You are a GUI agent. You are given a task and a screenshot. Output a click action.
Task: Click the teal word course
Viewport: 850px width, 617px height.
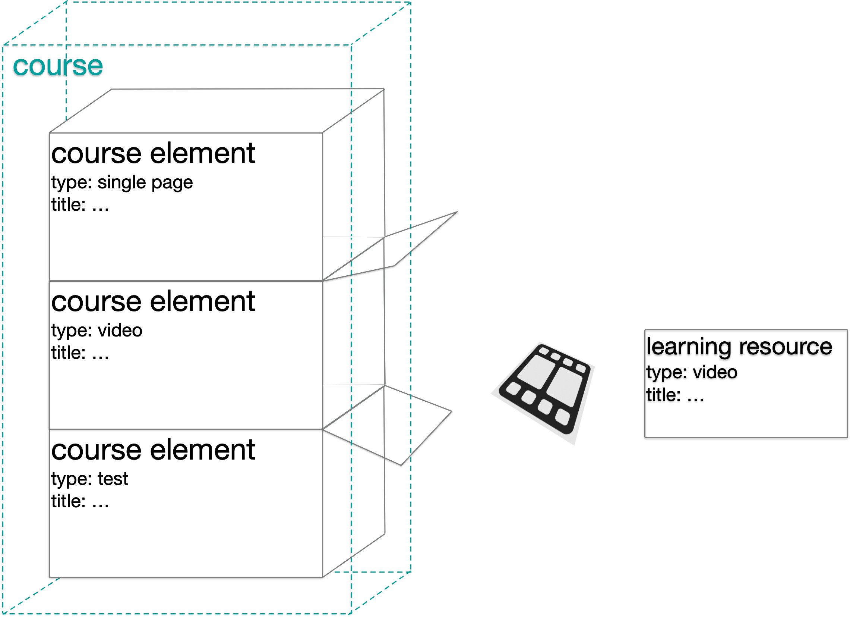pyautogui.click(x=58, y=66)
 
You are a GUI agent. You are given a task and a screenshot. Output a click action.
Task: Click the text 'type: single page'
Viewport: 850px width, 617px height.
pyautogui.click(x=122, y=183)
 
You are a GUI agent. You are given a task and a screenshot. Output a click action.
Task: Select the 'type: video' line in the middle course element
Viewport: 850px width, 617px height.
pyautogui.click(x=97, y=331)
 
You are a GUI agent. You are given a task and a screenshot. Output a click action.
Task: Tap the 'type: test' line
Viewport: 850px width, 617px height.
pyautogui.click(x=89, y=479)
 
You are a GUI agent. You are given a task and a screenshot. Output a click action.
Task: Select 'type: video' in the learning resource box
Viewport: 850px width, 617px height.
pyautogui.click(x=692, y=372)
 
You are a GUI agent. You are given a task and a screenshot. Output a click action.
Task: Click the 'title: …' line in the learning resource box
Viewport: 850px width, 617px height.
pyautogui.click(x=675, y=395)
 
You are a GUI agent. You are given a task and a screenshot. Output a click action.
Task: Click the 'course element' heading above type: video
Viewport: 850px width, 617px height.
pyautogui.click(x=153, y=301)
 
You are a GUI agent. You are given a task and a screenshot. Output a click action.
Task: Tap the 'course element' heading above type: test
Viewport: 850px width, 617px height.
pyautogui.click(x=153, y=450)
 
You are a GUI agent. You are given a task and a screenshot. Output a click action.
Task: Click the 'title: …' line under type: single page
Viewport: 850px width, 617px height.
pyautogui.click(x=80, y=205)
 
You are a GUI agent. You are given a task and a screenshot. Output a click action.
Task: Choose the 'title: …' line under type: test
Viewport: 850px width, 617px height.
pyautogui.click(x=80, y=501)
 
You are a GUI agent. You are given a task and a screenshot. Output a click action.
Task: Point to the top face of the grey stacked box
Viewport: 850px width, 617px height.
pyautogui.click(x=217, y=111)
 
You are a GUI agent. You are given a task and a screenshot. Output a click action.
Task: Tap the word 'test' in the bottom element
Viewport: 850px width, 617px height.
pyautogui.click(x=113, y=479)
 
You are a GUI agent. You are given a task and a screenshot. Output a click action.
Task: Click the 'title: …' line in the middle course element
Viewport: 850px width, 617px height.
pyautogui.click(x=80, y=353)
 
